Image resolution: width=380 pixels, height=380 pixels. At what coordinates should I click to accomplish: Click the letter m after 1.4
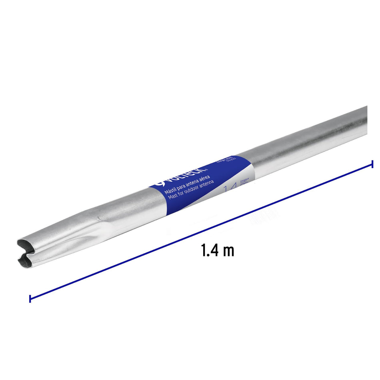click(229, 252)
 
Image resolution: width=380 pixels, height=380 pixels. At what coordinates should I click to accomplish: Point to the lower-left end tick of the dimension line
click(30, 298)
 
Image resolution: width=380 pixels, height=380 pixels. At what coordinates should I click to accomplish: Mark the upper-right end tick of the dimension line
click(372, 164)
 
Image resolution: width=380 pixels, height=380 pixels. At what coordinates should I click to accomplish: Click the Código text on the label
click(222, 162)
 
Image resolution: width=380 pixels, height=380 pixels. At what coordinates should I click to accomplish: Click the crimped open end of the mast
click(28, 252)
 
